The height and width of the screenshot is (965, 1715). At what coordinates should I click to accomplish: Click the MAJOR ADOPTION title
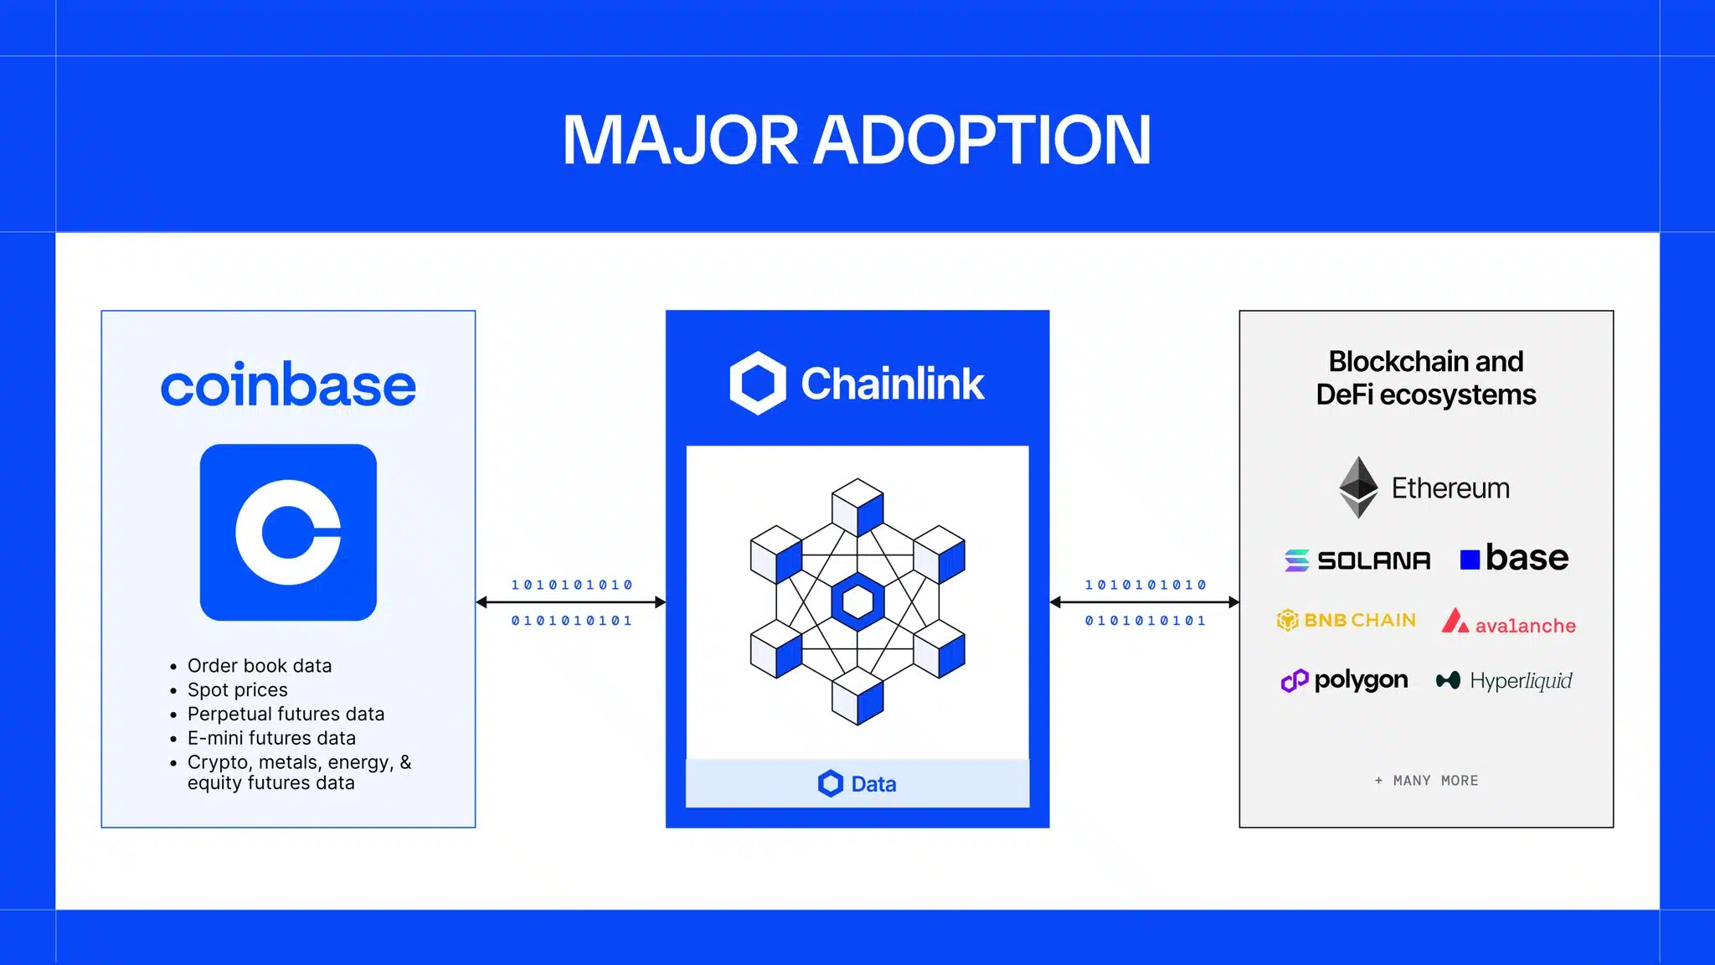pos(857,140)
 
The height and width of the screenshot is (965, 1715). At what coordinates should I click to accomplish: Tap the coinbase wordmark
pos(288,385)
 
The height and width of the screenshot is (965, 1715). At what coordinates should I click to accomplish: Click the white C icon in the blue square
pos(288,532)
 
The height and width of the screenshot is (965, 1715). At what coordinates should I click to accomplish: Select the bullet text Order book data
pos(260,666)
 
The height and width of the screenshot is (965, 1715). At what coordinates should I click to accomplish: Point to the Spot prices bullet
pos(238,690)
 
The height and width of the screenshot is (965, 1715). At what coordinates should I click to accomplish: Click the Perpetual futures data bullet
pos(286,715)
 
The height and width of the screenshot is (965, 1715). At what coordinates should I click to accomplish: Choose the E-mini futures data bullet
pos(271,738)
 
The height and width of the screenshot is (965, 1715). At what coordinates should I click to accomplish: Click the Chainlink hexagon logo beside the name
pos(757,384)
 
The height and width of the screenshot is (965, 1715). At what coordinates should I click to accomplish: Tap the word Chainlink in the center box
pos(893,384)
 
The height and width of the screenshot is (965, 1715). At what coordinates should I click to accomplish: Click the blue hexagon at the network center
pos(857,601)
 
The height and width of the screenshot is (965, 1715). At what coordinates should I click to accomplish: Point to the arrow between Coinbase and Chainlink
pos(571,602)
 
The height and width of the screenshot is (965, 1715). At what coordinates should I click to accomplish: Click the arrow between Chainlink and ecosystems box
pos(1144,602)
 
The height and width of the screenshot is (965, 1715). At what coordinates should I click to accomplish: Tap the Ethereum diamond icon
pos(1358,487)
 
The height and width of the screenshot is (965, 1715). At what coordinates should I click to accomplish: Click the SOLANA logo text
pos(1373,560)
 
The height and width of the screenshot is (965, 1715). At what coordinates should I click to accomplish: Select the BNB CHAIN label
pos(1359,621)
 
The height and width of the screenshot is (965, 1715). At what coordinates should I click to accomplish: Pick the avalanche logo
pos(1508,623)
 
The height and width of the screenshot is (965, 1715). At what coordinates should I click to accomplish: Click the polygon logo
pos(1345,680)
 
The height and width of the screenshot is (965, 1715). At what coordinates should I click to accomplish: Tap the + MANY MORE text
pos(1427,781)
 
